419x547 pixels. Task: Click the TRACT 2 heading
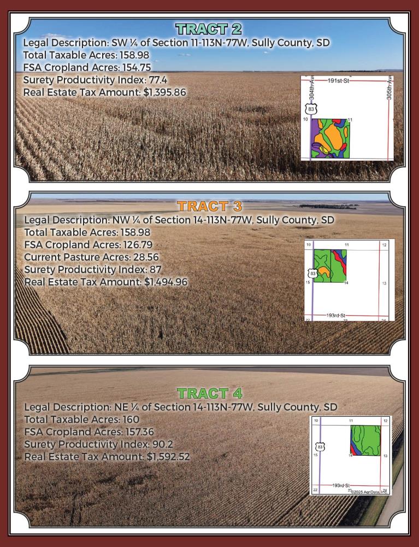click(x=209, y=30)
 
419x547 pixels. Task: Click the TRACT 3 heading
click(x=209, y=207)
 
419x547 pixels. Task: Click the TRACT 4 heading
click(x=210, y=393)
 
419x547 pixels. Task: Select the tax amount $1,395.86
click(x=165, y=92)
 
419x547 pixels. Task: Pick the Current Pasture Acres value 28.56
click(x=146, y=257)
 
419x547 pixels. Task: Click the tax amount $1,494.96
click(x=166, y=282)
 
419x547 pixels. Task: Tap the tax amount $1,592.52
click(x=168, y=457)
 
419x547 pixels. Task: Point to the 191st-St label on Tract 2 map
click(x=338, y=80)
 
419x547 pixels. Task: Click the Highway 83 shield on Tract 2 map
click(x=311, y=109)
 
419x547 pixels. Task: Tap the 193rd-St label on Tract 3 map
click(x=335, y=316)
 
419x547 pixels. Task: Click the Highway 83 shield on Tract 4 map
click(x=321, y=447)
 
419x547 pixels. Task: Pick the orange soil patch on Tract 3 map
click(x=323, y=270)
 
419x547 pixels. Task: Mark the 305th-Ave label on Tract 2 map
click(x=390, y=88)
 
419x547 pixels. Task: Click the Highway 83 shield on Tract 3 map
click(x=313, y=273)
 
